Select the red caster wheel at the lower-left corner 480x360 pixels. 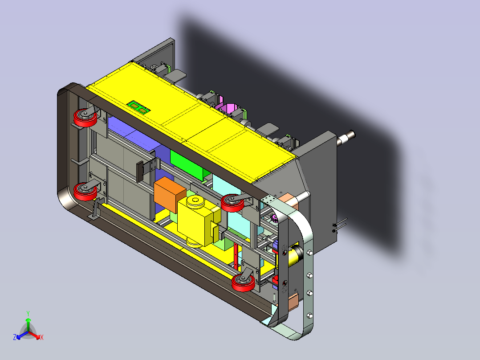(x=85, y=192)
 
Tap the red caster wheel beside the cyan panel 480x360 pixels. (x=232, y=203)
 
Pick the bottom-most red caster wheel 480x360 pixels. (x=244, y=282)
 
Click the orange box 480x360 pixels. (x=170, y=195)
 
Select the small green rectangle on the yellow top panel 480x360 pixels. (x=139, y=107)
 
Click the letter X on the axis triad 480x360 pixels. (x=42, y=337)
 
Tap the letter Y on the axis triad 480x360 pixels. (x=28, y=313)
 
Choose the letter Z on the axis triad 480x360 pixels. (x=15, y=337)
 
